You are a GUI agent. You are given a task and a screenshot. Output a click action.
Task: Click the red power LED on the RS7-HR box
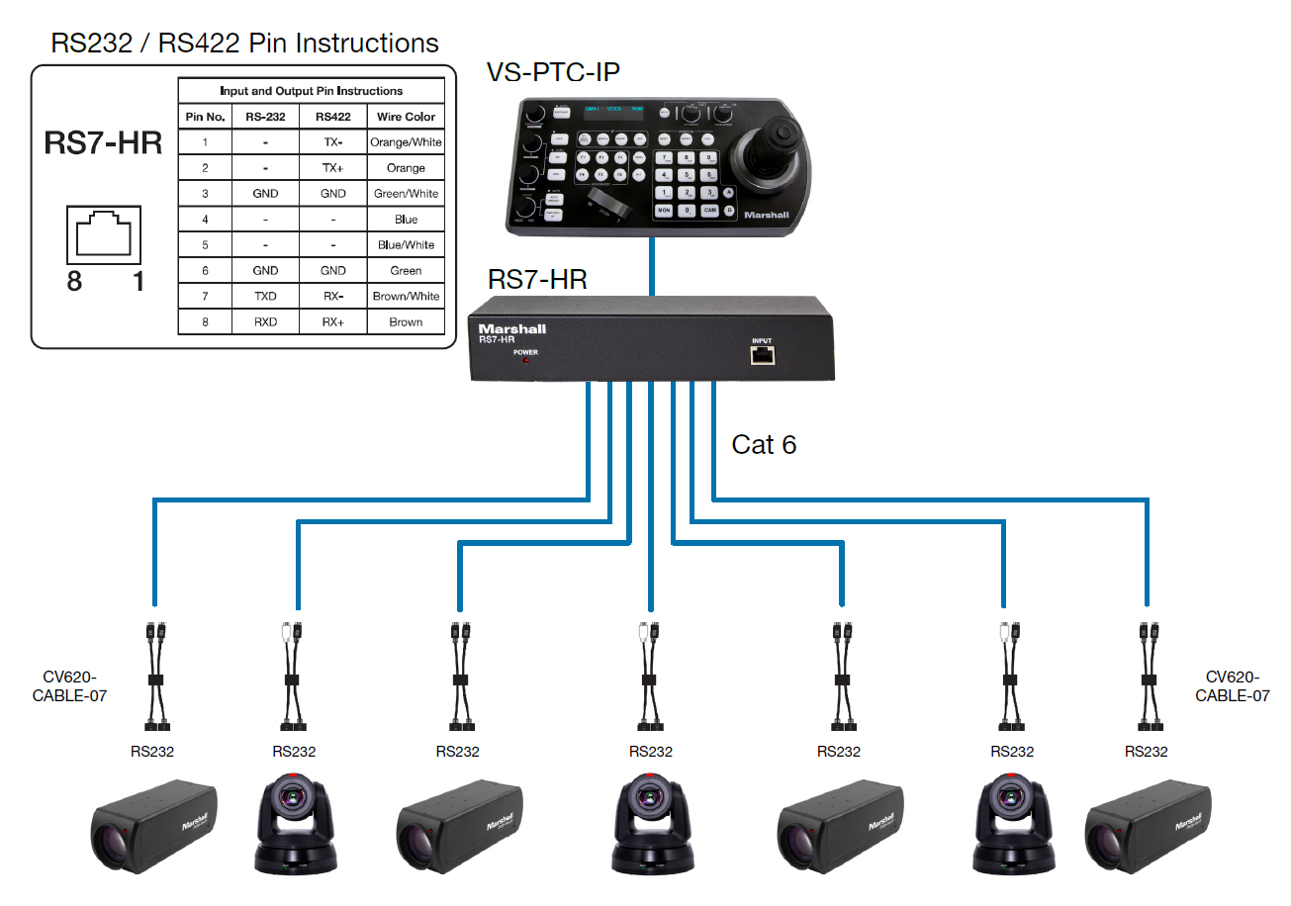click(x=525, y=361)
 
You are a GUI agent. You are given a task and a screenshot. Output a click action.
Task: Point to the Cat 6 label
click(x=764, y=445)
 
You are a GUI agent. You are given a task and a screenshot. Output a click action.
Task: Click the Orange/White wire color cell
click(x=406, y=142)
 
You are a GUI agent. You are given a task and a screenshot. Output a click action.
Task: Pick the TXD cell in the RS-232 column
click(x=264, y=296)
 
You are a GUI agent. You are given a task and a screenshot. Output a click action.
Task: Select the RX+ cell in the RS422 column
click(x=333, y=321)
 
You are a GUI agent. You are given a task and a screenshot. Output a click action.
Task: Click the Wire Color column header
click(x=406, y=117)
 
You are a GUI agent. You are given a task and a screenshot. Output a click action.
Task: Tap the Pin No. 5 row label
click(x=205, y=244)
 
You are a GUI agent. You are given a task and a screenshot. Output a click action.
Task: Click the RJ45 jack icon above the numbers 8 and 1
click(x=103, y=233)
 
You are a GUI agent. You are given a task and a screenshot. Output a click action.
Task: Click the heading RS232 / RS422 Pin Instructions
click(x=245, y=44)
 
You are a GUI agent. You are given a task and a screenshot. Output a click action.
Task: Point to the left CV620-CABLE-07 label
click(x=69, y=686)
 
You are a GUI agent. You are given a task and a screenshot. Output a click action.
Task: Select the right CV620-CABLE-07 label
click(x=1232, y=686)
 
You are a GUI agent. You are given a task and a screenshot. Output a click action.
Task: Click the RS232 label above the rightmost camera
click(x=1146, y=752)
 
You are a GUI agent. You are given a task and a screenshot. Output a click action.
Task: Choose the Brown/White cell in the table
click(x=406, y=296)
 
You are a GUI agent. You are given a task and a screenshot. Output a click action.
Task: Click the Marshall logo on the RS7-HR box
click(x=511, y=328)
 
